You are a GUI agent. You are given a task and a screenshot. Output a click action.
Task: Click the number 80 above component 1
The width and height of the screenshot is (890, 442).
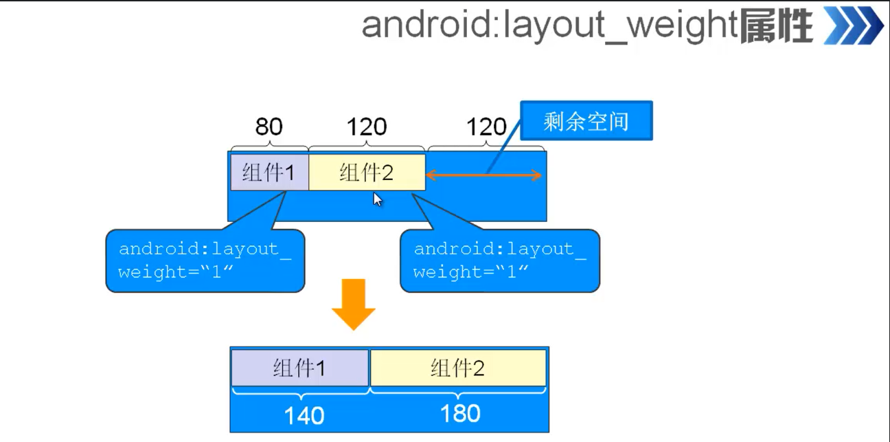[x=269, y=126]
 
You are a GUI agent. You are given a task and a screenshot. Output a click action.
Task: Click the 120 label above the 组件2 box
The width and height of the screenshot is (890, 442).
[x=366, y=126]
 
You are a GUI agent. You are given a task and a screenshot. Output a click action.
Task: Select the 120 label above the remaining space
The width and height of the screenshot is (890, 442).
[x=486, y=126]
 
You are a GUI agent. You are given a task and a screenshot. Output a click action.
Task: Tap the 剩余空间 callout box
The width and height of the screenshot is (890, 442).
[x=586, y=121]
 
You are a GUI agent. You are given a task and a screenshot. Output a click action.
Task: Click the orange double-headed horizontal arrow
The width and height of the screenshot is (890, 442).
[x=483, y=176]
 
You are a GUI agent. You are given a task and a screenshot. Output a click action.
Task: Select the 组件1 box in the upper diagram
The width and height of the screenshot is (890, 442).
[x=269, y=173]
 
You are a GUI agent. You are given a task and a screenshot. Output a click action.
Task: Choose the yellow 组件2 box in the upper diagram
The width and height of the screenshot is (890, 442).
[x=367, y=173]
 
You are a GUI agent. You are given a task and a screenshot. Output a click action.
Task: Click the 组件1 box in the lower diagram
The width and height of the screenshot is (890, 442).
[x=300, y=368]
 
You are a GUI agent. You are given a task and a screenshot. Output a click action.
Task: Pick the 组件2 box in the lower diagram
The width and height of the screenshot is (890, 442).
[x=458, y=368]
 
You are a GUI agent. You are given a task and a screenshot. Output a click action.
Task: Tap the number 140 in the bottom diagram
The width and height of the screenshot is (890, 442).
[x=304, y=415]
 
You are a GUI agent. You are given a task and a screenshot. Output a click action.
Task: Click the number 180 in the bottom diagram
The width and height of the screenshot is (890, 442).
[x=460, y=413]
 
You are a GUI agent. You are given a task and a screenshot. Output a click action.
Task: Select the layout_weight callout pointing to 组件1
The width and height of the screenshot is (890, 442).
[x=205, y=261]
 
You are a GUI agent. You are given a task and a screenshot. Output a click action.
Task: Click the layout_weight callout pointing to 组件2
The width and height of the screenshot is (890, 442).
[x=499, y=261]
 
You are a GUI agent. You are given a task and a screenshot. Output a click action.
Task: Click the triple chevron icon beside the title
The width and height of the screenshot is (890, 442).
[x=853, y=27]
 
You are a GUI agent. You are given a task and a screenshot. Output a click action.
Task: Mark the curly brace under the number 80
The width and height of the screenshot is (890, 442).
[x=269, y=146]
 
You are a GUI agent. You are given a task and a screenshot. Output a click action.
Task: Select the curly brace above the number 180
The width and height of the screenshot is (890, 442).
[x=458, y=390]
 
